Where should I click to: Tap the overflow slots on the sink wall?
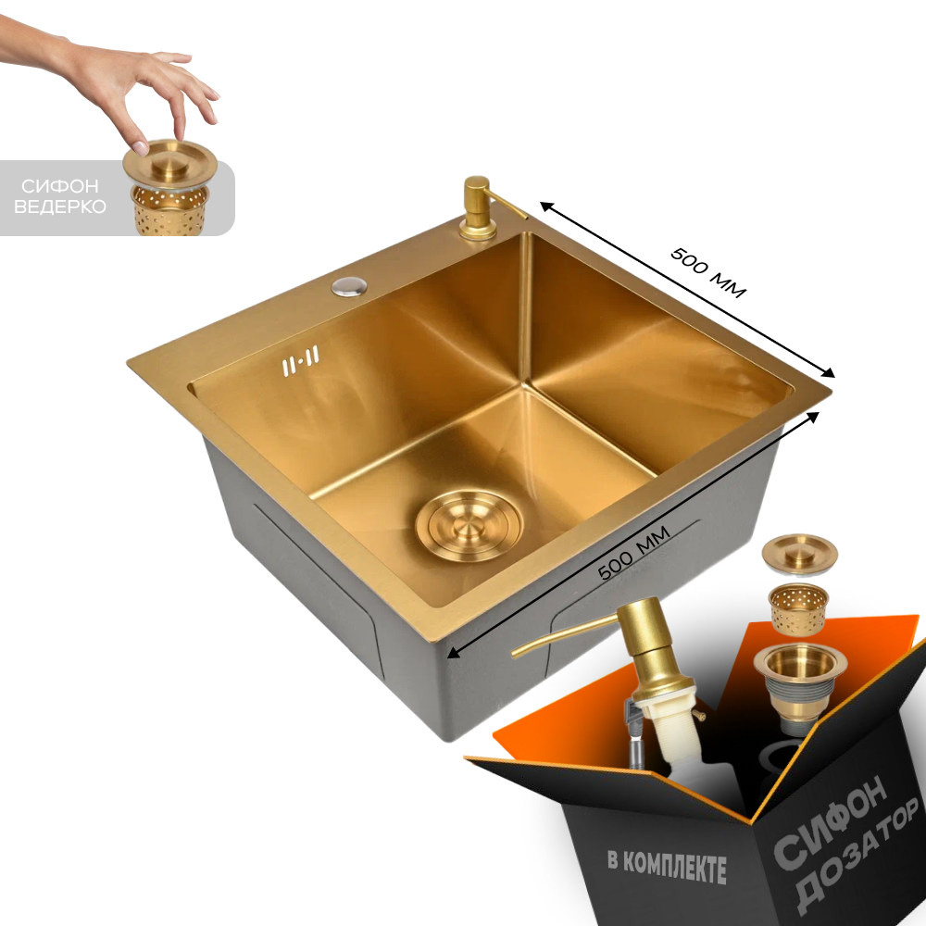[x=300, y=358]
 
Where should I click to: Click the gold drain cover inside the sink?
[x=469, y=524]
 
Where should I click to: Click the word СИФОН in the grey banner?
[x=59, y=187]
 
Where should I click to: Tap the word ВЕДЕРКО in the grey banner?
[x=59, y=206]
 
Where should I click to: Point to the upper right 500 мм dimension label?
[x=708, y=273]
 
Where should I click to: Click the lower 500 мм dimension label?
[x=634, y=552]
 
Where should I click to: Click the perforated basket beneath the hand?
[x=169, y=209]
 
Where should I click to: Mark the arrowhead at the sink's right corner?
[x=827, y=372]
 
